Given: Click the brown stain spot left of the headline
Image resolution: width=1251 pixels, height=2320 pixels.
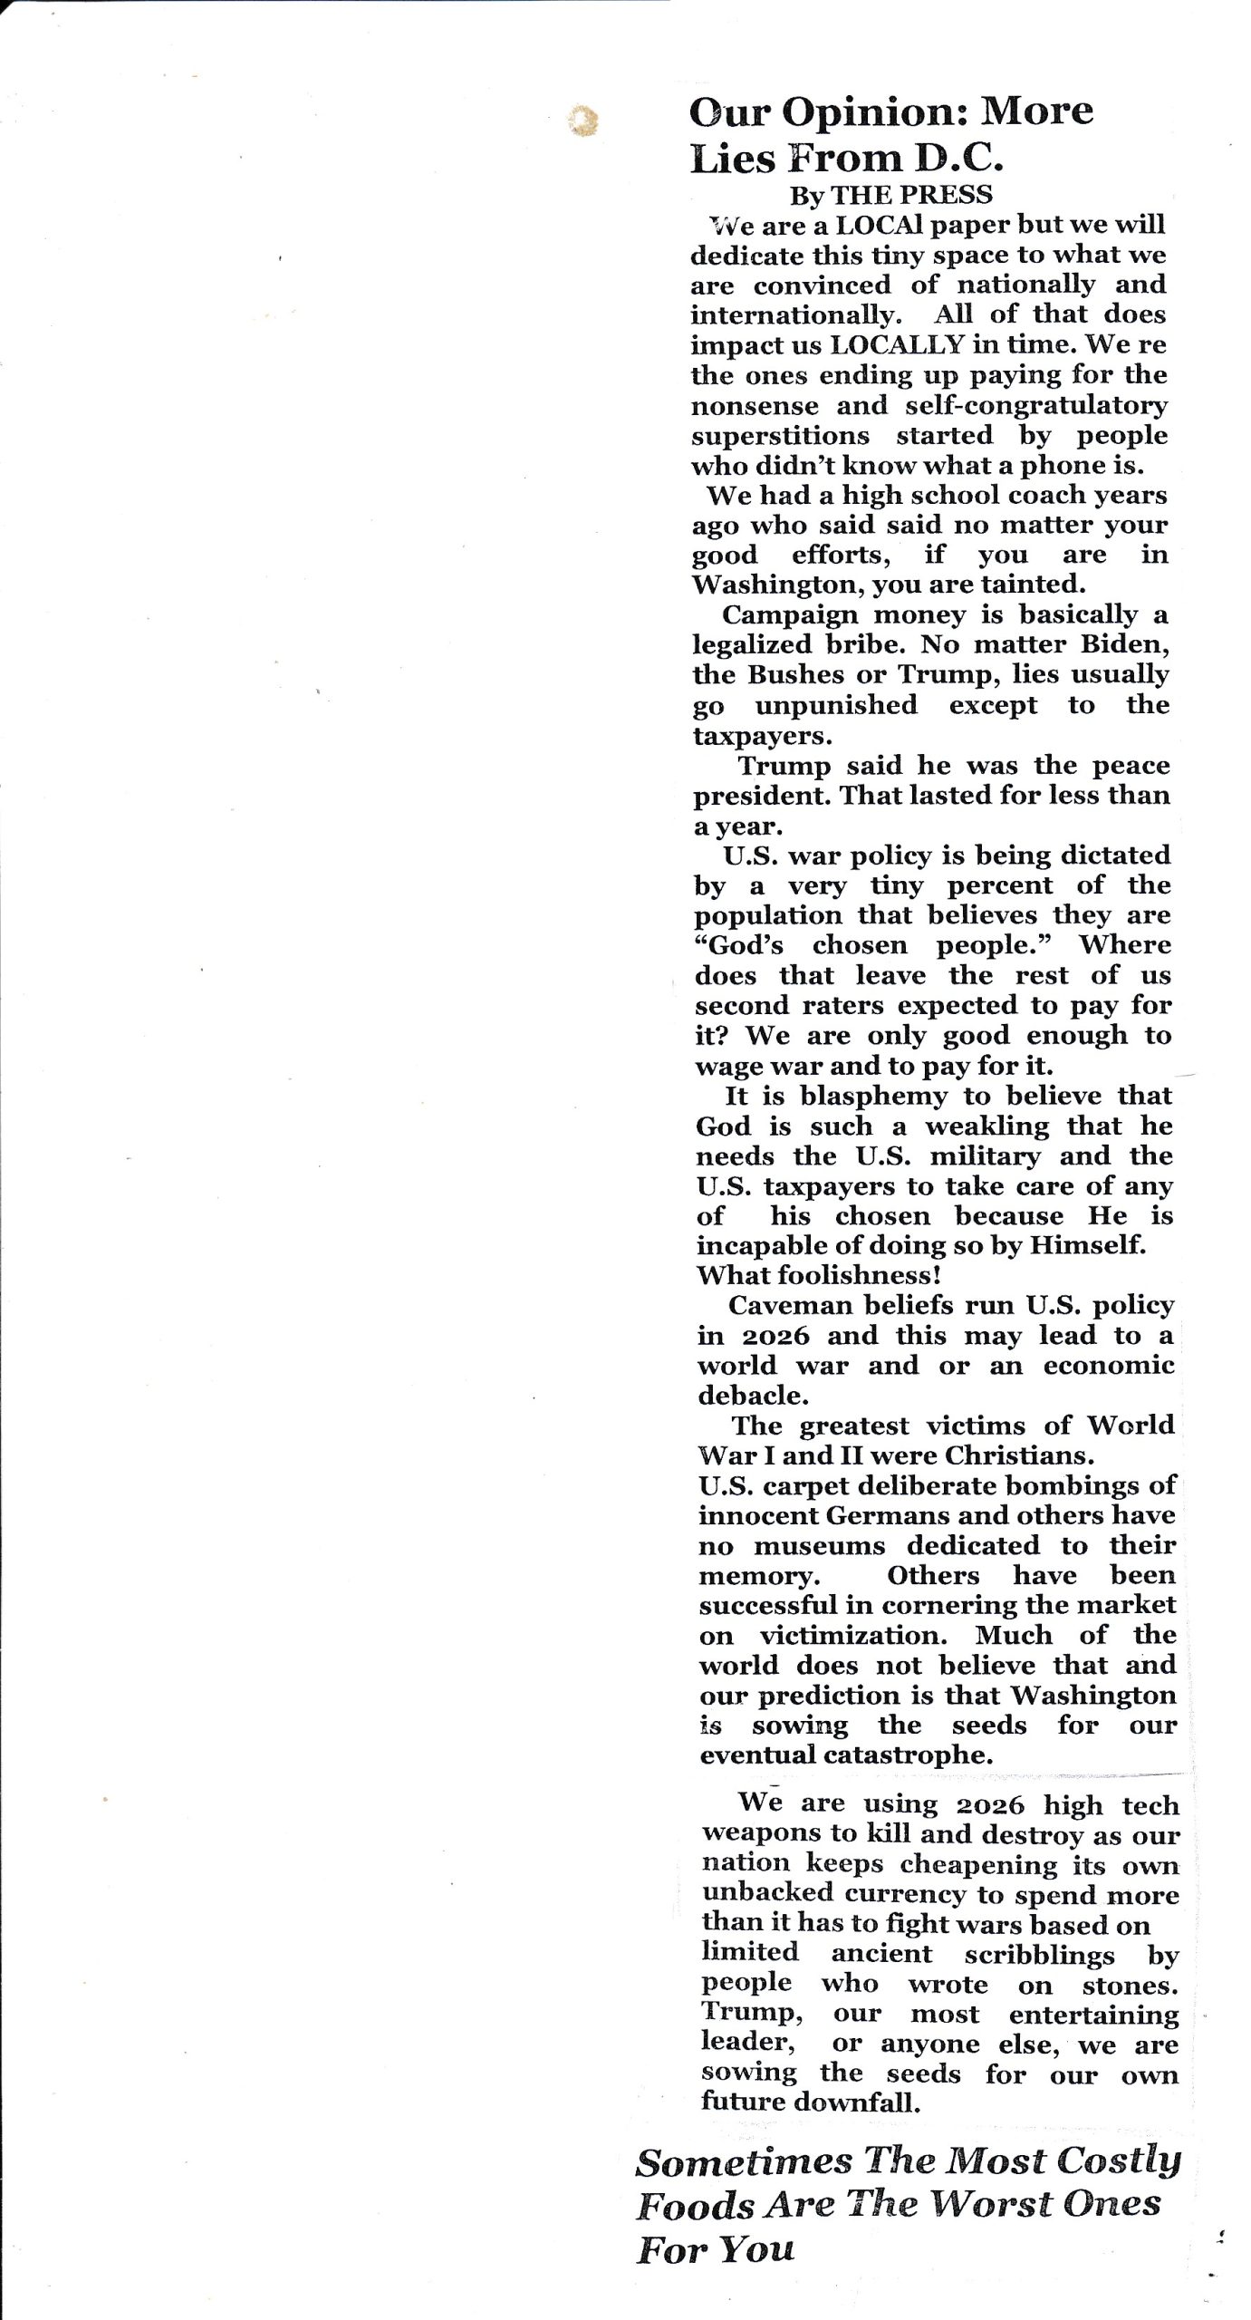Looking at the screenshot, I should click(x=582, y=121).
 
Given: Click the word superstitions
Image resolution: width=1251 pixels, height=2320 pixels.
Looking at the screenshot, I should click(x=780, y=436).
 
